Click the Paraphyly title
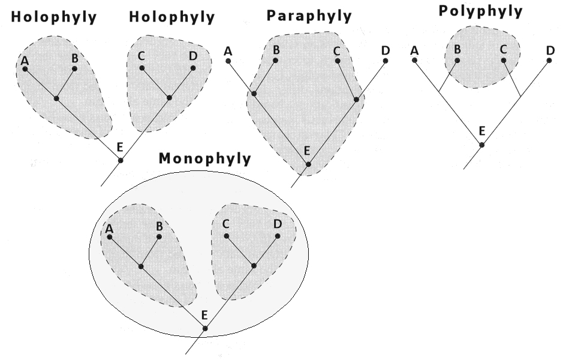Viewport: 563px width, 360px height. point(309,16)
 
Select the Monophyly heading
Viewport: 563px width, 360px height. point(204,159)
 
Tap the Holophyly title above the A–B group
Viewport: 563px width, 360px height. point(53,17)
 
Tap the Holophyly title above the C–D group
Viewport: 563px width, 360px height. point(172,17)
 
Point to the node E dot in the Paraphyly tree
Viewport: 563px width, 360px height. point(308,164)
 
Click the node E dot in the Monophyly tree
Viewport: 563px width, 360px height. point(205,328)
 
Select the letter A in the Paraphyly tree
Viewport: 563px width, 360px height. point(228,51)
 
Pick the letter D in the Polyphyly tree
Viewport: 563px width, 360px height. point(550,51)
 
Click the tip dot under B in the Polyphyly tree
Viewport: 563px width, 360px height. point(457,61)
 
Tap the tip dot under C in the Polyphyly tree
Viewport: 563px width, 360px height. point(503,61)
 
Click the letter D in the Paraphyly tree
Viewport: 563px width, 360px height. point(386,51)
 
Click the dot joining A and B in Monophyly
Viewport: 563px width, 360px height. point(141,266)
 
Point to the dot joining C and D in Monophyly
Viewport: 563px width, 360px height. point(254,265)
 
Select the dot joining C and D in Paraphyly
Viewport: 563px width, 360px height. point(357,99)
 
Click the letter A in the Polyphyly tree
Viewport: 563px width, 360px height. point(414,51)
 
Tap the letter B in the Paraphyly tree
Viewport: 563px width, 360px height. point(276,50)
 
